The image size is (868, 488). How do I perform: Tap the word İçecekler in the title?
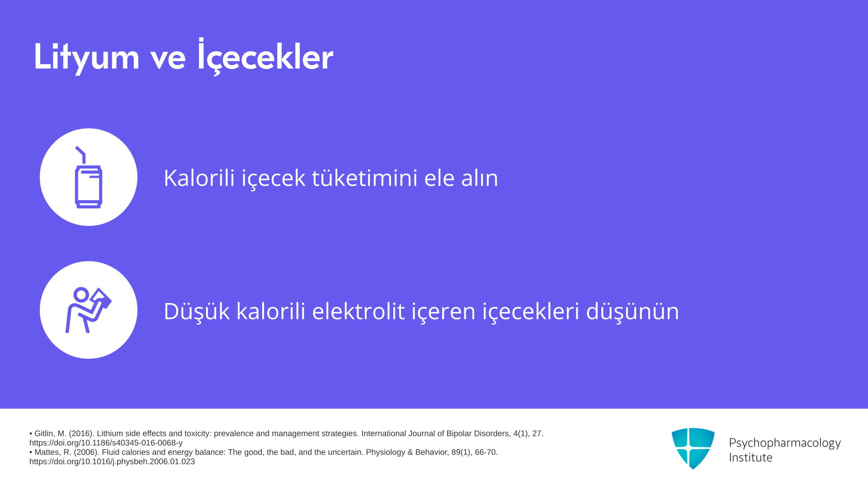[265, 56]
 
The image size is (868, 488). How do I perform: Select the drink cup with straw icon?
[89, 177]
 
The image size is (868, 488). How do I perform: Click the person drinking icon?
[89, 310]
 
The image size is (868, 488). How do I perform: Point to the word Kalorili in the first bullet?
[199, 178]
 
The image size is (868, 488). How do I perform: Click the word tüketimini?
[365, 178]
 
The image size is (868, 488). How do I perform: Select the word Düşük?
[197, 311]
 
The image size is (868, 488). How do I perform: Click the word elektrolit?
[359, 311]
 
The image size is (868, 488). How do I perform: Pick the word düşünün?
[632, 311]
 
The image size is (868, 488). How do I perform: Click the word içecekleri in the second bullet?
[531, 311]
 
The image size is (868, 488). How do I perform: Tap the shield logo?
[693, 448]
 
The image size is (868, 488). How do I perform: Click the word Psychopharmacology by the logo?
[785, 443]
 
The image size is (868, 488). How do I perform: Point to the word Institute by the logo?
[751, 457]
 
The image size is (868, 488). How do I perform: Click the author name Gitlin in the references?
[45, 434]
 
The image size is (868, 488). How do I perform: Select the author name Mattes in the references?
[47, 452]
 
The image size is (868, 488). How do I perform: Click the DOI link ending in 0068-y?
[106, 443]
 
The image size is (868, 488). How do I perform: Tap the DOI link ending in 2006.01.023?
[112, 462]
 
